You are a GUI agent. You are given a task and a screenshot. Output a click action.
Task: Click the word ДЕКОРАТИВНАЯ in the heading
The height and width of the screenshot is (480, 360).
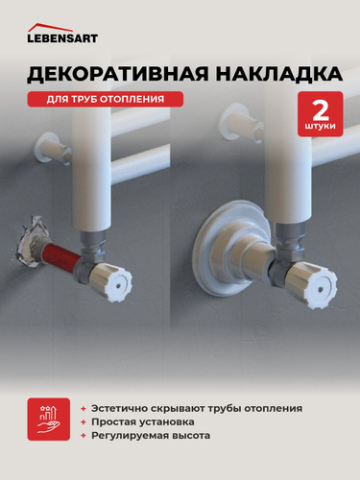(117, 74)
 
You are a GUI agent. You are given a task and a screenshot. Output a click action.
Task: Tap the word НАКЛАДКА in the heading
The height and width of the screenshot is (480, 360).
(278, 74)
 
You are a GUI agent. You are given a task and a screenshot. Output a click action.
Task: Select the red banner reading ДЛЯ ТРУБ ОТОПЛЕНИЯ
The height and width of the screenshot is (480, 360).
(106, 99)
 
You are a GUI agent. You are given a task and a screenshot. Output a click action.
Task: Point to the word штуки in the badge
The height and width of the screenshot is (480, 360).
(321, 126)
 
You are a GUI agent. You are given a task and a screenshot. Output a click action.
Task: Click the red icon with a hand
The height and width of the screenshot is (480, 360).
(49, 420)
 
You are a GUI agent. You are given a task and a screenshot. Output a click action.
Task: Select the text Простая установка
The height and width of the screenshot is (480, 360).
(143, 422)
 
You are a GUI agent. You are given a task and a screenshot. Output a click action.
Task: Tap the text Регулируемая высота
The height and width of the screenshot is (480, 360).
(151, 436)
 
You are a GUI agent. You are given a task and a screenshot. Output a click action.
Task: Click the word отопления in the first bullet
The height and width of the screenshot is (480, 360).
(274, 409)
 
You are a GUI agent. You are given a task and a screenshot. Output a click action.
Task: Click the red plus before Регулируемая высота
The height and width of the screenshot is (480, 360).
(84, 436)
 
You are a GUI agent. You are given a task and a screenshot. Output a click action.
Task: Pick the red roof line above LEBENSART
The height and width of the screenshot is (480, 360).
(50, 27)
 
